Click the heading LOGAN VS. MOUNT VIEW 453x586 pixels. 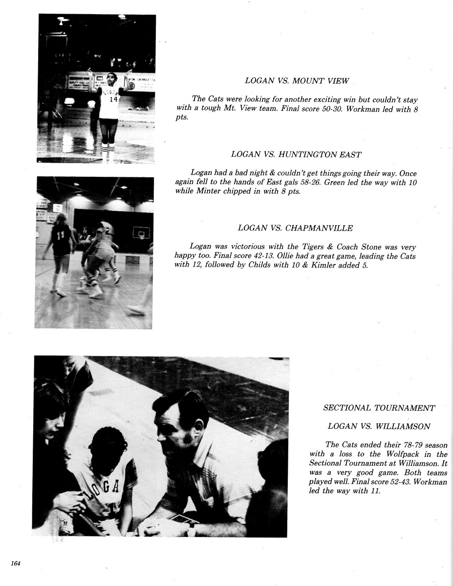(x=297, y=81)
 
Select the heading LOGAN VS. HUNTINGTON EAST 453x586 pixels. (x=296, y=154)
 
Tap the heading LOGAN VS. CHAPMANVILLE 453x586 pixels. (x=295, y=228)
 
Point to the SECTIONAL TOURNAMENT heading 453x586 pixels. (x=379, y=408)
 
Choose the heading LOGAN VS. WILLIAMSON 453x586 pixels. (x=379, y=426)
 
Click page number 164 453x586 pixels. (x=16, y=563)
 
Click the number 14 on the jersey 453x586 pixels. (x=113, y=99)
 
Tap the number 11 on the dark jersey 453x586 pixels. (x=61, y=235)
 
